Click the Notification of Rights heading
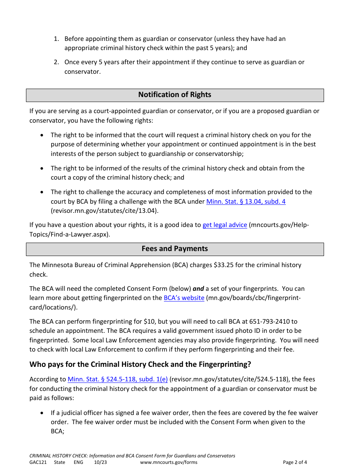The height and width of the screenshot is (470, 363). pos(175,95)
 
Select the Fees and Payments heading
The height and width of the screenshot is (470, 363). pos(175,249)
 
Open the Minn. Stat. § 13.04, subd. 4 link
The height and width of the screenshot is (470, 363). pos(246,201)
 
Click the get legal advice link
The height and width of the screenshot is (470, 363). pos(225,225)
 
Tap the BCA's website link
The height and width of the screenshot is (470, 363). pos(184,298)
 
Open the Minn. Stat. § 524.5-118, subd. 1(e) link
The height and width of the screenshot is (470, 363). pos(117,379)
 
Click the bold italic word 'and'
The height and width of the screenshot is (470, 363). pos(198,289)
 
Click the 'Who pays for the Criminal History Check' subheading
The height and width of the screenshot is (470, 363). pos(140,365)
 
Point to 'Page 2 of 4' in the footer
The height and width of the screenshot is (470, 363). pos(295,462)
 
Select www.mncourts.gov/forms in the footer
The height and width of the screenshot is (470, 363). pos(169,462)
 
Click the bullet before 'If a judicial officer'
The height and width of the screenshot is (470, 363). pos(42,413)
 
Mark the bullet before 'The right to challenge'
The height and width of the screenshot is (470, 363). pos(42,192)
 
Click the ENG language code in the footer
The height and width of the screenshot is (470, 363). pos(78,462)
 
